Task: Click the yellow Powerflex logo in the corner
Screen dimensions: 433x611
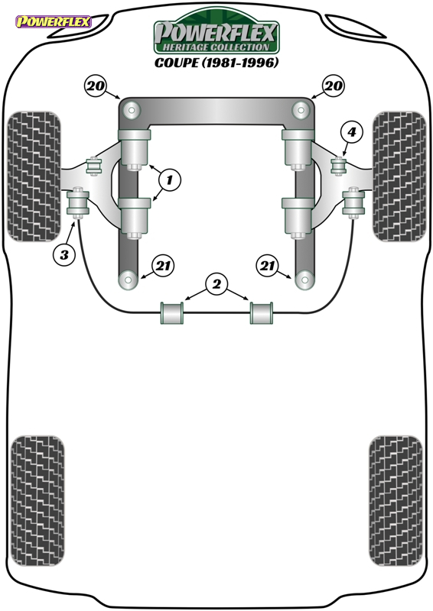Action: tap(54, 21)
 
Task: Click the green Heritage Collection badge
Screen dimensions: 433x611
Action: tap(216, 31)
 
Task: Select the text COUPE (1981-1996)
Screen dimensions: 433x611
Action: tap(216, 63)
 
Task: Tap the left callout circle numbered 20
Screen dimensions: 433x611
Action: tap(96, 86)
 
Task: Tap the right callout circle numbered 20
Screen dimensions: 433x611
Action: tap(334, 86)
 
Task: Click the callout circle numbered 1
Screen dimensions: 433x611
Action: tap(170, 180)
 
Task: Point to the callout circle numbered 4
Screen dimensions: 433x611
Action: tap(352, 132)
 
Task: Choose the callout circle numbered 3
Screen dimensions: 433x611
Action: tap(64, 255)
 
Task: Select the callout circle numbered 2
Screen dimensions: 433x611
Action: tap(216, 284)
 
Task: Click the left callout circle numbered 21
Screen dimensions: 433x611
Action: tap(163, 266)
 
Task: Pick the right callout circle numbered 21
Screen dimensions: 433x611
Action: tap(267, 266)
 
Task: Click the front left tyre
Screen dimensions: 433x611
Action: tap(34, 176)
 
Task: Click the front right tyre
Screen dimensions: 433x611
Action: tap(399, 176)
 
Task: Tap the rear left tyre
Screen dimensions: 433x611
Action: tap(37, 501)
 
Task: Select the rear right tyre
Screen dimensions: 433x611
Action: tap(396, 501)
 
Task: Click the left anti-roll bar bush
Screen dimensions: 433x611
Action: tap(172, 312)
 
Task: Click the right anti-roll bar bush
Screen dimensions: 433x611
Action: tap(262, 312)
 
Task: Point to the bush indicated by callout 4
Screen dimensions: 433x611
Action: tap(339, 166)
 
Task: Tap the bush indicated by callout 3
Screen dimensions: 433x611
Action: tap(78, 202)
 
